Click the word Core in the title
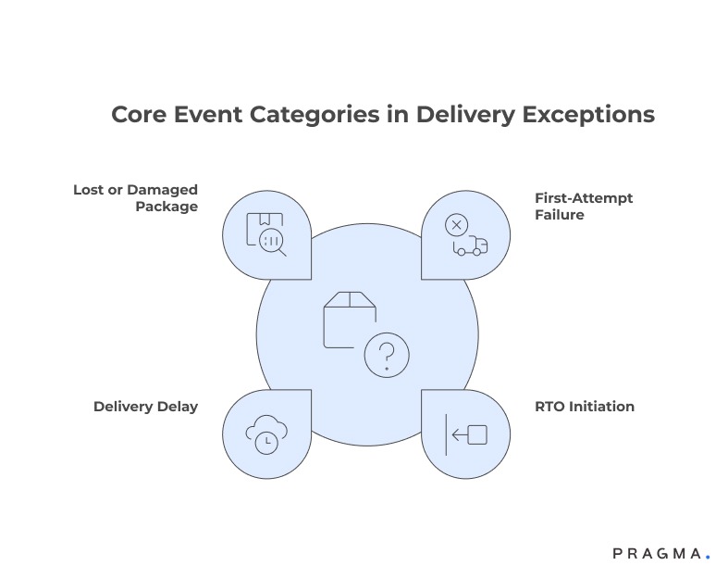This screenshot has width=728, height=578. pos(138,115)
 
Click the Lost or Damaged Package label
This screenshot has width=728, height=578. pos(136,198)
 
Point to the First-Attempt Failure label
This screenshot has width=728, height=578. pos(571,207)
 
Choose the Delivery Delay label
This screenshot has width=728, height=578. pos(145,407)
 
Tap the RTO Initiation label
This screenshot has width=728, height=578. pos(585,407)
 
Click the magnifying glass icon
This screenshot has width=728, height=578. pos(273,243)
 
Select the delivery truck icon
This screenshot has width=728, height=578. pos(469,246)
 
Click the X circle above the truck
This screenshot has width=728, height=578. pos(455,224)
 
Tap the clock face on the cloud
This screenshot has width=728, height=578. pos(267,441)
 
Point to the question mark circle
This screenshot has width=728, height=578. pos(386,355)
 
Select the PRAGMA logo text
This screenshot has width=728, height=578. pos(656,554)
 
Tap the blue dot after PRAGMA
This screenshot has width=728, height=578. pos(708,558)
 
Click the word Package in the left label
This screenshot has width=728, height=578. pos(167,207)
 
